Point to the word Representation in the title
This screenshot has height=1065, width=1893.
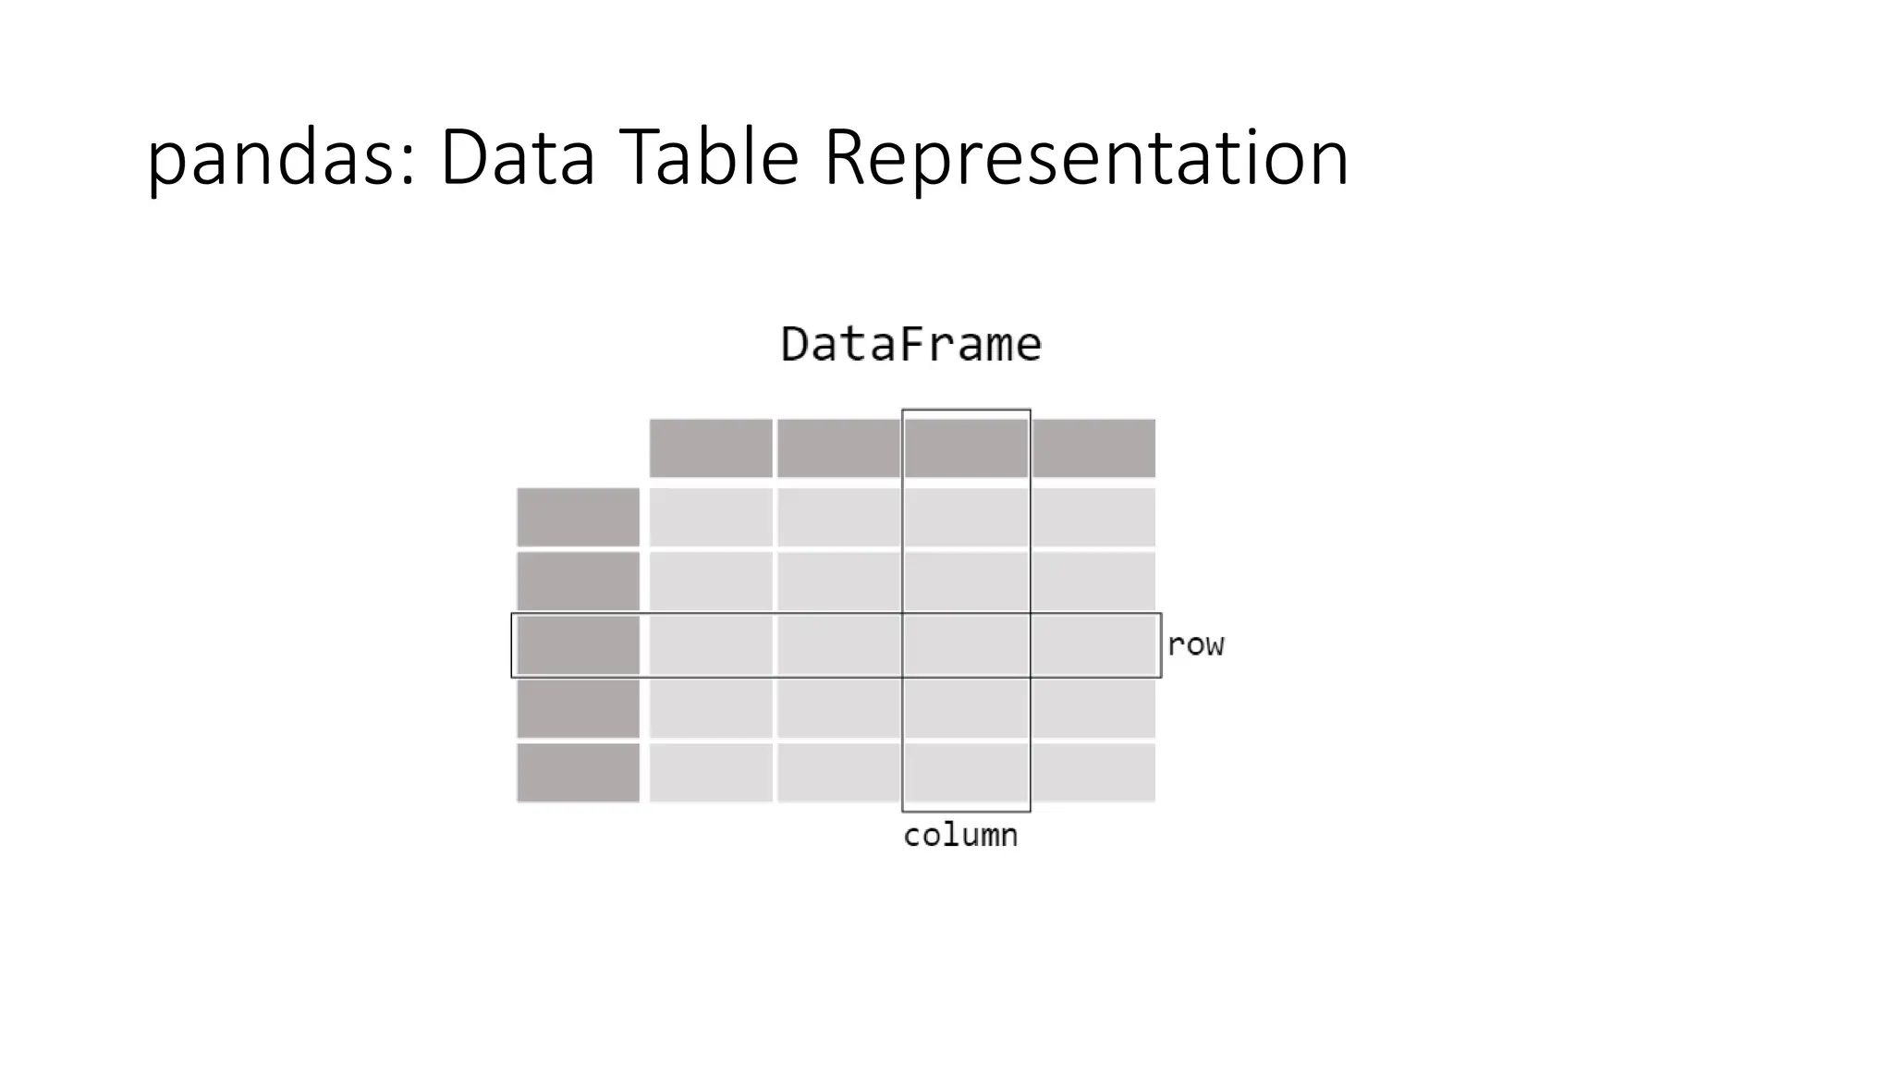[x=1086, y=159]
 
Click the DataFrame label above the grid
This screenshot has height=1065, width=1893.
[x=911, y=345]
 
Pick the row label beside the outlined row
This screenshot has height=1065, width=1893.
[x=1195, y=645]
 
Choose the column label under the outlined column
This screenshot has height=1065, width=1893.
[x=960, y=836]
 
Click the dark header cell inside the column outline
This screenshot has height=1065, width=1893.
[x=966, y=448]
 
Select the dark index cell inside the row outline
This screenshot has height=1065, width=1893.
[x=578, y=645]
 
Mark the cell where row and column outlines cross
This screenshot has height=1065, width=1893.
[x=966, y=645]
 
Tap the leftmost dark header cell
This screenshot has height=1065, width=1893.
[x=711, y=448]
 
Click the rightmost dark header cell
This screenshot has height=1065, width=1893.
[x=1093, y=448]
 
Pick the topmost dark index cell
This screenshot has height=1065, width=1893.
[x=578, y=517]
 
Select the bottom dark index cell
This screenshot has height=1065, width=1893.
[x=578, y=773]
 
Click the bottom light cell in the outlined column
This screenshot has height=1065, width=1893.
[x=966, y=773]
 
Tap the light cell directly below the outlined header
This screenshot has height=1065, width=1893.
[x=966, y=517]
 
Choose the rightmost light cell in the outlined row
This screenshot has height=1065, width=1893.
[x=1093, y=645]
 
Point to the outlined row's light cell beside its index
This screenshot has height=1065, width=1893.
[x=711, y=645]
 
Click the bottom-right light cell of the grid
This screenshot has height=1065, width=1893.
[x=1093, y=773]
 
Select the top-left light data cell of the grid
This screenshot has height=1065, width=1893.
[x=711, y=517]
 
